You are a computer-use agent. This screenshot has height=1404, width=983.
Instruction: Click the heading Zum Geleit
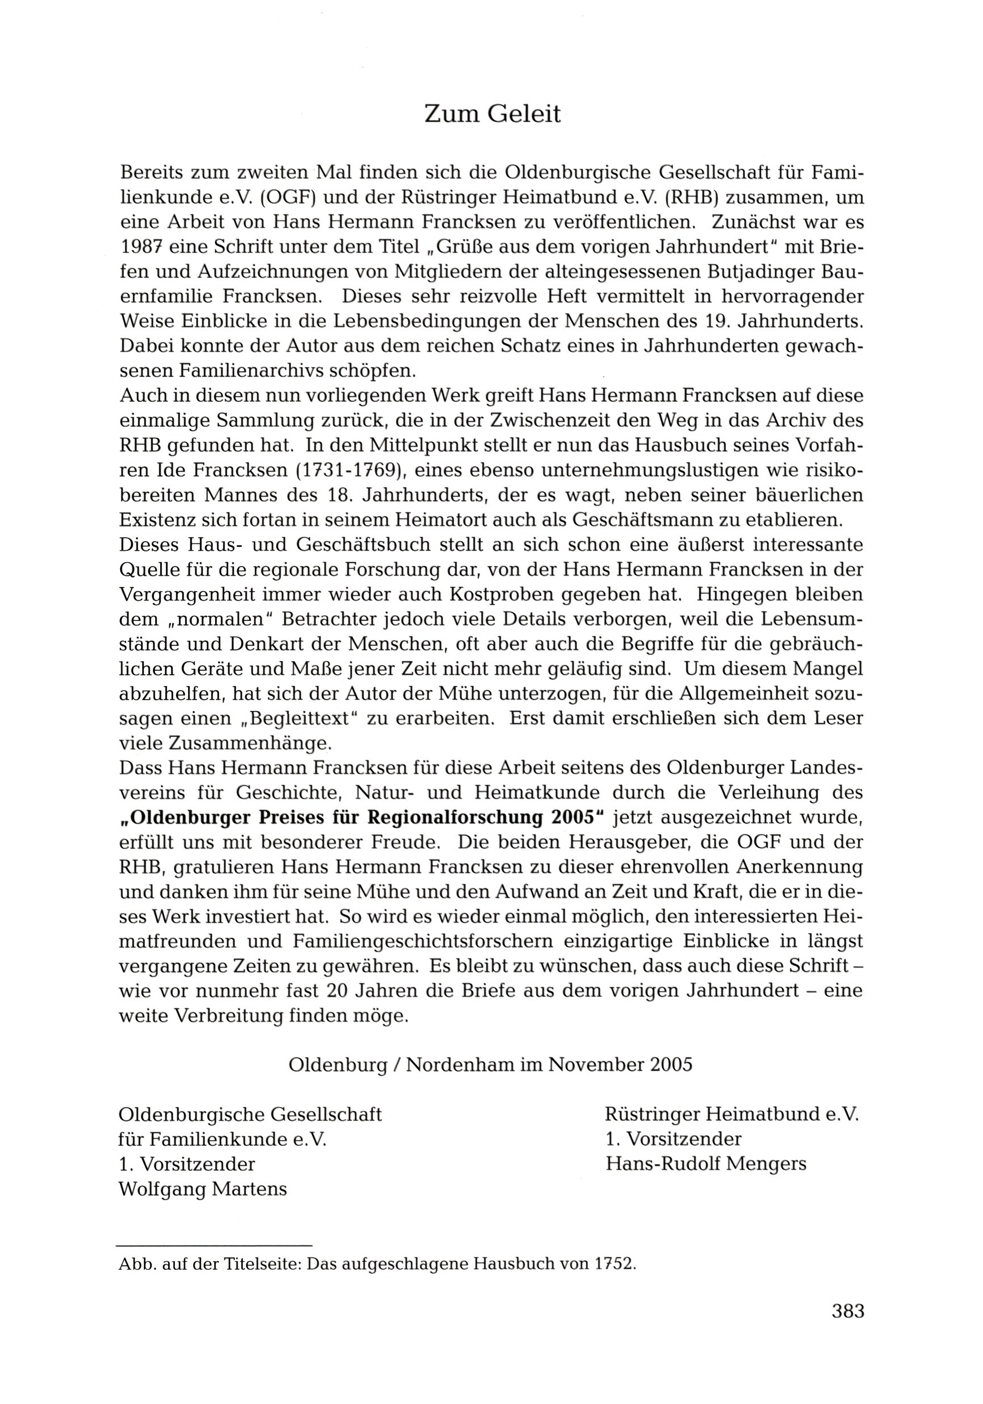(x=492, y=114)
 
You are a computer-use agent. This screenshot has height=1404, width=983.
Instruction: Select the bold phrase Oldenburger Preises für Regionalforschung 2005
(x=361, y=817)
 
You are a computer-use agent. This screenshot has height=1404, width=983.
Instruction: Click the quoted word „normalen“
(x=220, y=619)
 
